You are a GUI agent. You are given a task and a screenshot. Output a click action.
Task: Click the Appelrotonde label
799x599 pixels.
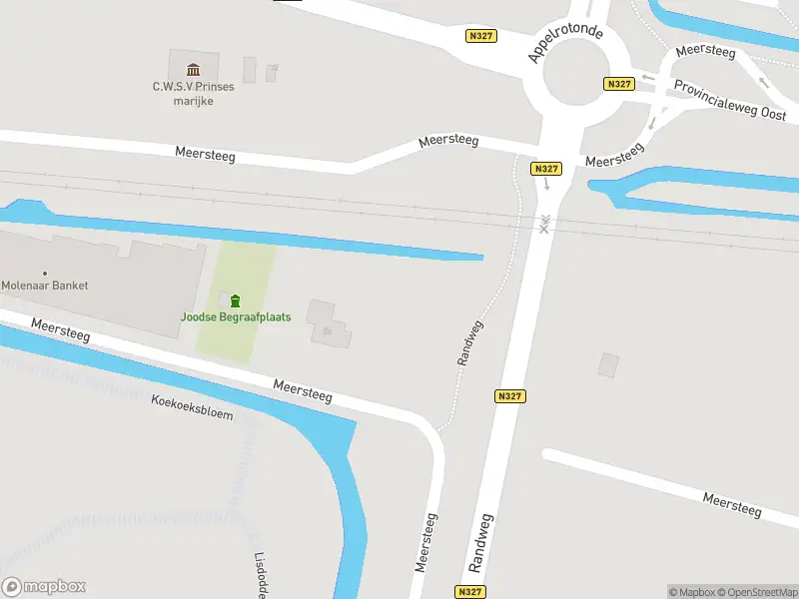pos(565,44)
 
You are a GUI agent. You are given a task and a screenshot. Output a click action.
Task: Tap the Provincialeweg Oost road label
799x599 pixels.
pos(730,100)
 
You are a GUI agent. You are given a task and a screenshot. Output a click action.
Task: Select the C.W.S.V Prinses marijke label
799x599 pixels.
pos(193,93)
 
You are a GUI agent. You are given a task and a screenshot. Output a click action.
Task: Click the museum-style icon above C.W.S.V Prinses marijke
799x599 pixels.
pos(193,69)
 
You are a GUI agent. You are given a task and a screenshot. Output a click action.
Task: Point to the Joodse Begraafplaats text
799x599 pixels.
pos(236,317)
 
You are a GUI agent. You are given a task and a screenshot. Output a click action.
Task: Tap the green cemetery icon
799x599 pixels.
pos(235,300)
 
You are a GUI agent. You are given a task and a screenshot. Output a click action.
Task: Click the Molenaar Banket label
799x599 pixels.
pos(45,286)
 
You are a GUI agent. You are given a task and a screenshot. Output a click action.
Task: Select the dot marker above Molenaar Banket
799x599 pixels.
pos(45,273)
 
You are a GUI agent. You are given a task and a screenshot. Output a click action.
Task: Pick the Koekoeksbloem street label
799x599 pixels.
pos(192,407)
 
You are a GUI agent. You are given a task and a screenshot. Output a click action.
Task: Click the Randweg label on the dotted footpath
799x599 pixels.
pos(470,342)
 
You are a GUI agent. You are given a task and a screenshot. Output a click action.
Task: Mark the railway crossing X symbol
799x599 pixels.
pos(544,225)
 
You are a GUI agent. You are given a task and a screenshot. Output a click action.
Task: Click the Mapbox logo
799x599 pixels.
pos(44,587)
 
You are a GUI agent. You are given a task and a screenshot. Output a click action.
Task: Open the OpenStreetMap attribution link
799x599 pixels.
pos(757,592)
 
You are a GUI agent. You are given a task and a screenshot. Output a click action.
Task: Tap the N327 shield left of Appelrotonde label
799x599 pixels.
pos(481,36)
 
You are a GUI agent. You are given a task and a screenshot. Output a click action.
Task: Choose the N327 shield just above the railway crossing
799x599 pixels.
pos(545,169)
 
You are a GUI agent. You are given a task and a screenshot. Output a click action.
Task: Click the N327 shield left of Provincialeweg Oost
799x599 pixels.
pos(619,85)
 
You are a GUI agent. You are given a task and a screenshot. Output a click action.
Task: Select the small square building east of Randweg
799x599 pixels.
pos(608,365)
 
